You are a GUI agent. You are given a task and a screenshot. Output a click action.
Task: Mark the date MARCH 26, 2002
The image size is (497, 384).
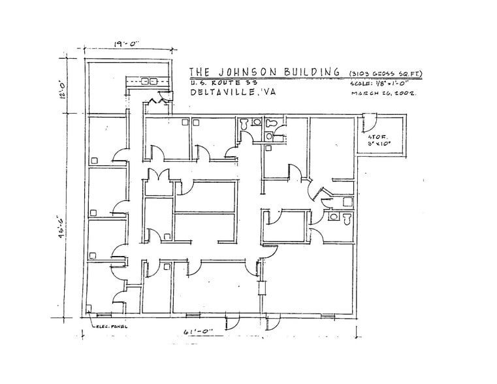[385, 93]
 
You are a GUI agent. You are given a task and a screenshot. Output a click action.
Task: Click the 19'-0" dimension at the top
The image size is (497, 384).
[125, 45]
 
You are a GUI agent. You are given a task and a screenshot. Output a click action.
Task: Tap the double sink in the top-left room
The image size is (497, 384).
[150, 82]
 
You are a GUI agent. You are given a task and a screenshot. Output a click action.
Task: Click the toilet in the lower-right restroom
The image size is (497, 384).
[345, 216]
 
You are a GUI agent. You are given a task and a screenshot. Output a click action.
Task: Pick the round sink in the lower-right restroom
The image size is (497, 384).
[334, 216]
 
